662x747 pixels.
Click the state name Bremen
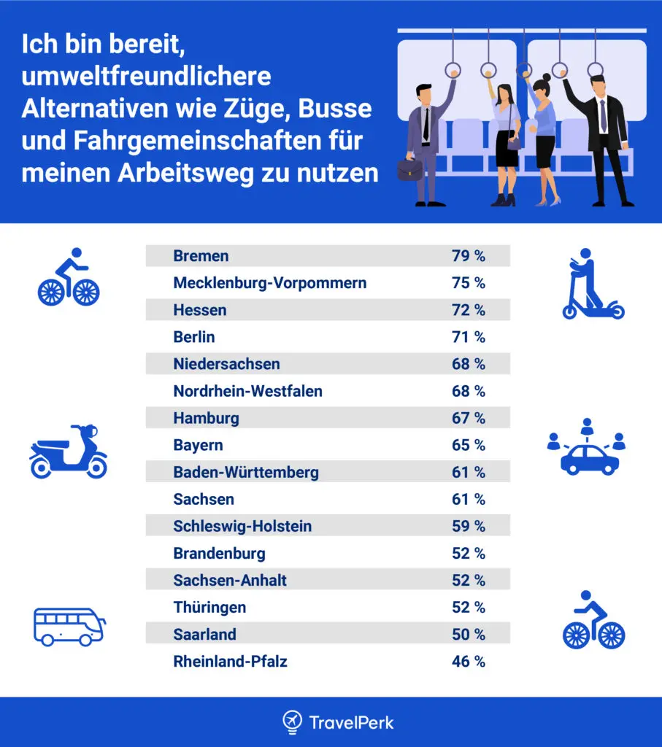[x=201, y=256]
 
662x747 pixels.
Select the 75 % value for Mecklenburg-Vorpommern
[x=468, y=283]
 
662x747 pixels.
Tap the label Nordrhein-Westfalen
[x=247, y=391]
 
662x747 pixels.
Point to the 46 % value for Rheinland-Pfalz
[x=468, y=662]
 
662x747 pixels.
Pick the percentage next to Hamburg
[x=468, y=418]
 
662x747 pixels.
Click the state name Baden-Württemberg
[x=246, y=472]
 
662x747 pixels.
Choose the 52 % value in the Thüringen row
[x=468, y=608]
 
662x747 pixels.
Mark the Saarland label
[x=204, y=635]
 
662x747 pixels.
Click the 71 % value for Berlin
[x=468, y=337]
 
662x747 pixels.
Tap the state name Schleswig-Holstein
[x=242, y=526]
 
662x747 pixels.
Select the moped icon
[x=68, y=452]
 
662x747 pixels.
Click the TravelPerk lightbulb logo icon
[x=292, y=722]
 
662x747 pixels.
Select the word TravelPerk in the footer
[x=351, y=723]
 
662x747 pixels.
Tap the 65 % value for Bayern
[x=468, y=445]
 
